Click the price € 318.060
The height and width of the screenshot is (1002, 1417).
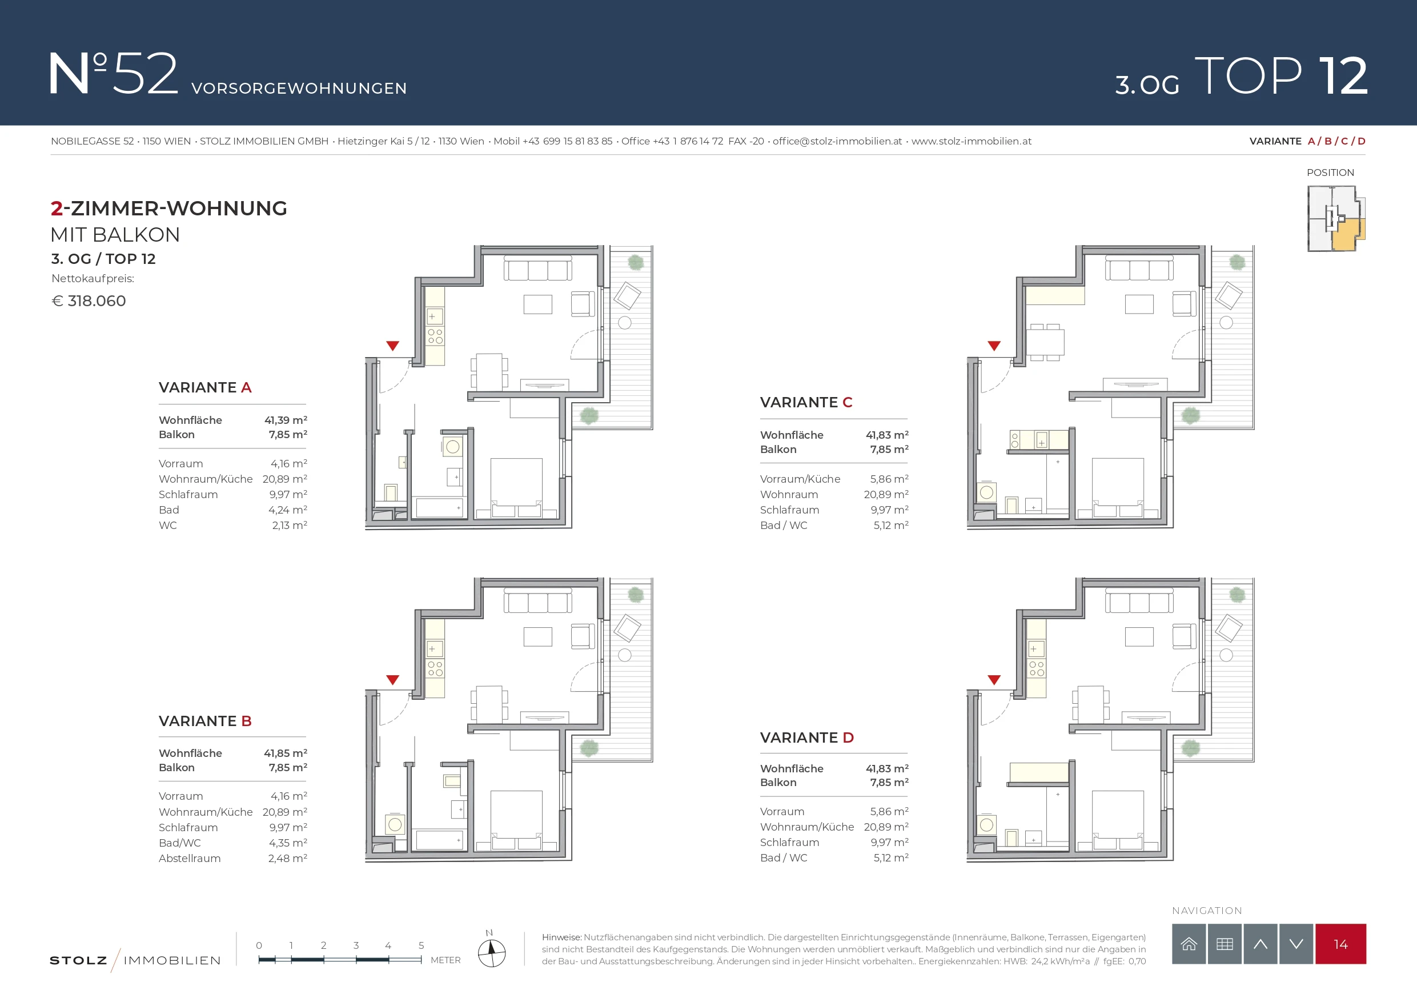click(89, 300)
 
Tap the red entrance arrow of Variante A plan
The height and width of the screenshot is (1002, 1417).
click(392, 346)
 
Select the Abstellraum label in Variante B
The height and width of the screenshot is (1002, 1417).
click(190, 858)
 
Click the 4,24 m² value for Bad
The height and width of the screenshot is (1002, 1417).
click(288, 510)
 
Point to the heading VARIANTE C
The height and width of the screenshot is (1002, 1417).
click(806, 402)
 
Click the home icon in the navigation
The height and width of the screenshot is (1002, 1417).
click(1189, 944)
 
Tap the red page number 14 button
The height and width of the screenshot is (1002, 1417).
click(1340, 944)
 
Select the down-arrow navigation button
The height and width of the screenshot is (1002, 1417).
click(1296, 944)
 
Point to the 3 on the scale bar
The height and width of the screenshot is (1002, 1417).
click(356, 945)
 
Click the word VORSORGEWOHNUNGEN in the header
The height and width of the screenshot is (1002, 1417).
click(299, 89)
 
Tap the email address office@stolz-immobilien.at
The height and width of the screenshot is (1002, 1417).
click(837, 141)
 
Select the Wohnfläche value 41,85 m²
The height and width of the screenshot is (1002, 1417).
click(286, 752)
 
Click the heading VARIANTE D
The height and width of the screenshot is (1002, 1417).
click(806, 737)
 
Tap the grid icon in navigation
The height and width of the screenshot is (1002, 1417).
click(1225, 944)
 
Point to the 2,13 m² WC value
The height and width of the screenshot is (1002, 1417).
click(290, 525)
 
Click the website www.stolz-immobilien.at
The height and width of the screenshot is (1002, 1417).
click(972, 141)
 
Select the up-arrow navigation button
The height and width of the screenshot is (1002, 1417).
click(1261, 944)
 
